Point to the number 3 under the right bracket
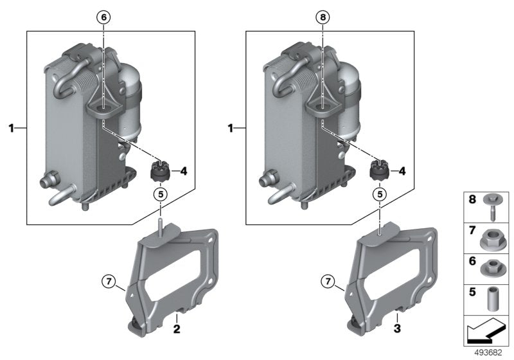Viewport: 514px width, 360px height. [x=397, y=329]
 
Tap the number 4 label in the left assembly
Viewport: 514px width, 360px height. [x=182, y=171]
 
